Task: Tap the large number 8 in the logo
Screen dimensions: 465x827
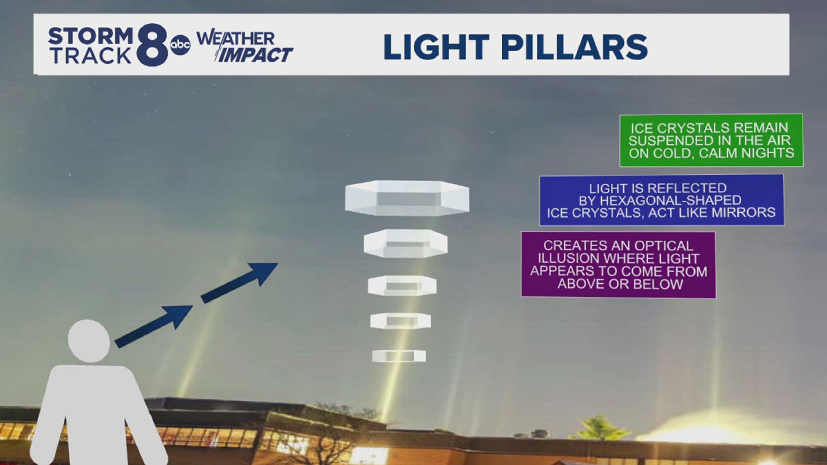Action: pyautogui.click(x=152, y=45)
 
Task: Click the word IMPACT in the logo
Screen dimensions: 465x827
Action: pyautogui.click(x=255, y=55)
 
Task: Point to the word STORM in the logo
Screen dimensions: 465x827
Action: pyautogui.click(x=90, y=36)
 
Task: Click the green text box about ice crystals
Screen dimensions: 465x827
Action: pyautogui.click(x=711, y=140)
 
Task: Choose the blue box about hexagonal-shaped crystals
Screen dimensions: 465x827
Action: pyautogui.click(x=661, y=200)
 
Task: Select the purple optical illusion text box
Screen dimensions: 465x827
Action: pyautogui.click(x=618, y=265)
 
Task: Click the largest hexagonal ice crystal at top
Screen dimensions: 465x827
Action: pyautogui.click(x=407, y=198)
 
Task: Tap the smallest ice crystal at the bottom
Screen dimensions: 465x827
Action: pyautogui.click(x=399, y=356)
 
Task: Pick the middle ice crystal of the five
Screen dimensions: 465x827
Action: pyautogui.click(x=402, y=286)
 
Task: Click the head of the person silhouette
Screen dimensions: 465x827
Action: pyautogui.click(x=89, y=341)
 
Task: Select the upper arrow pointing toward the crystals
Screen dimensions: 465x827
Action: pyautogui.click(x=239, y=282)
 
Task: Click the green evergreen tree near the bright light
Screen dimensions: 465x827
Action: pyautogui.click(x=600, y=428)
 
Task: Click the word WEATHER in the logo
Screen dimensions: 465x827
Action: pyautogui.click(x=236, y=39)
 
